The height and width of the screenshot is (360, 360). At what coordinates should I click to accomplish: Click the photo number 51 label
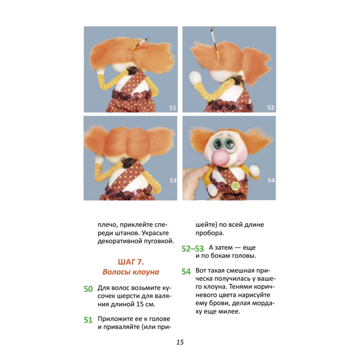point(173,108)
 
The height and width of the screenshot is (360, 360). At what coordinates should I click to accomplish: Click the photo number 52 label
point(271,107)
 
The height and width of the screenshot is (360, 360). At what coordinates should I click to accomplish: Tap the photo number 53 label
point(173,180)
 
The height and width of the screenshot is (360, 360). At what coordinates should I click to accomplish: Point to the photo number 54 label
point(271,180)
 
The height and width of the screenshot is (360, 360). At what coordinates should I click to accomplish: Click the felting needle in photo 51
point(140,44)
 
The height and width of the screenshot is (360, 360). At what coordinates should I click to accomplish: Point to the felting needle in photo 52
point(215,44)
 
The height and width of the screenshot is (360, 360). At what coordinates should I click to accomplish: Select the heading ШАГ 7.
point(131,262)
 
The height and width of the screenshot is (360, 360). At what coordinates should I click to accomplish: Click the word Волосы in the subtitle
point(117,272)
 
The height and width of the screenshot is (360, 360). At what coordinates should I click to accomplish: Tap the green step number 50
point(88,289)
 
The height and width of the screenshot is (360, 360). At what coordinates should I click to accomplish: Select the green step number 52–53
point(193,249)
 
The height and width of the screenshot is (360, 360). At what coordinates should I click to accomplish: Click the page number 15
point(180,342)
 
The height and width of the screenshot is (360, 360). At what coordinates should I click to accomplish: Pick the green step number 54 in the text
point(186,271)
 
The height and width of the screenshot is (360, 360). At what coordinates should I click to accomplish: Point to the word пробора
point(210,233)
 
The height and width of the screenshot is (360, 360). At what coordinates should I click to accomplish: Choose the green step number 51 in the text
point(88,320)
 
